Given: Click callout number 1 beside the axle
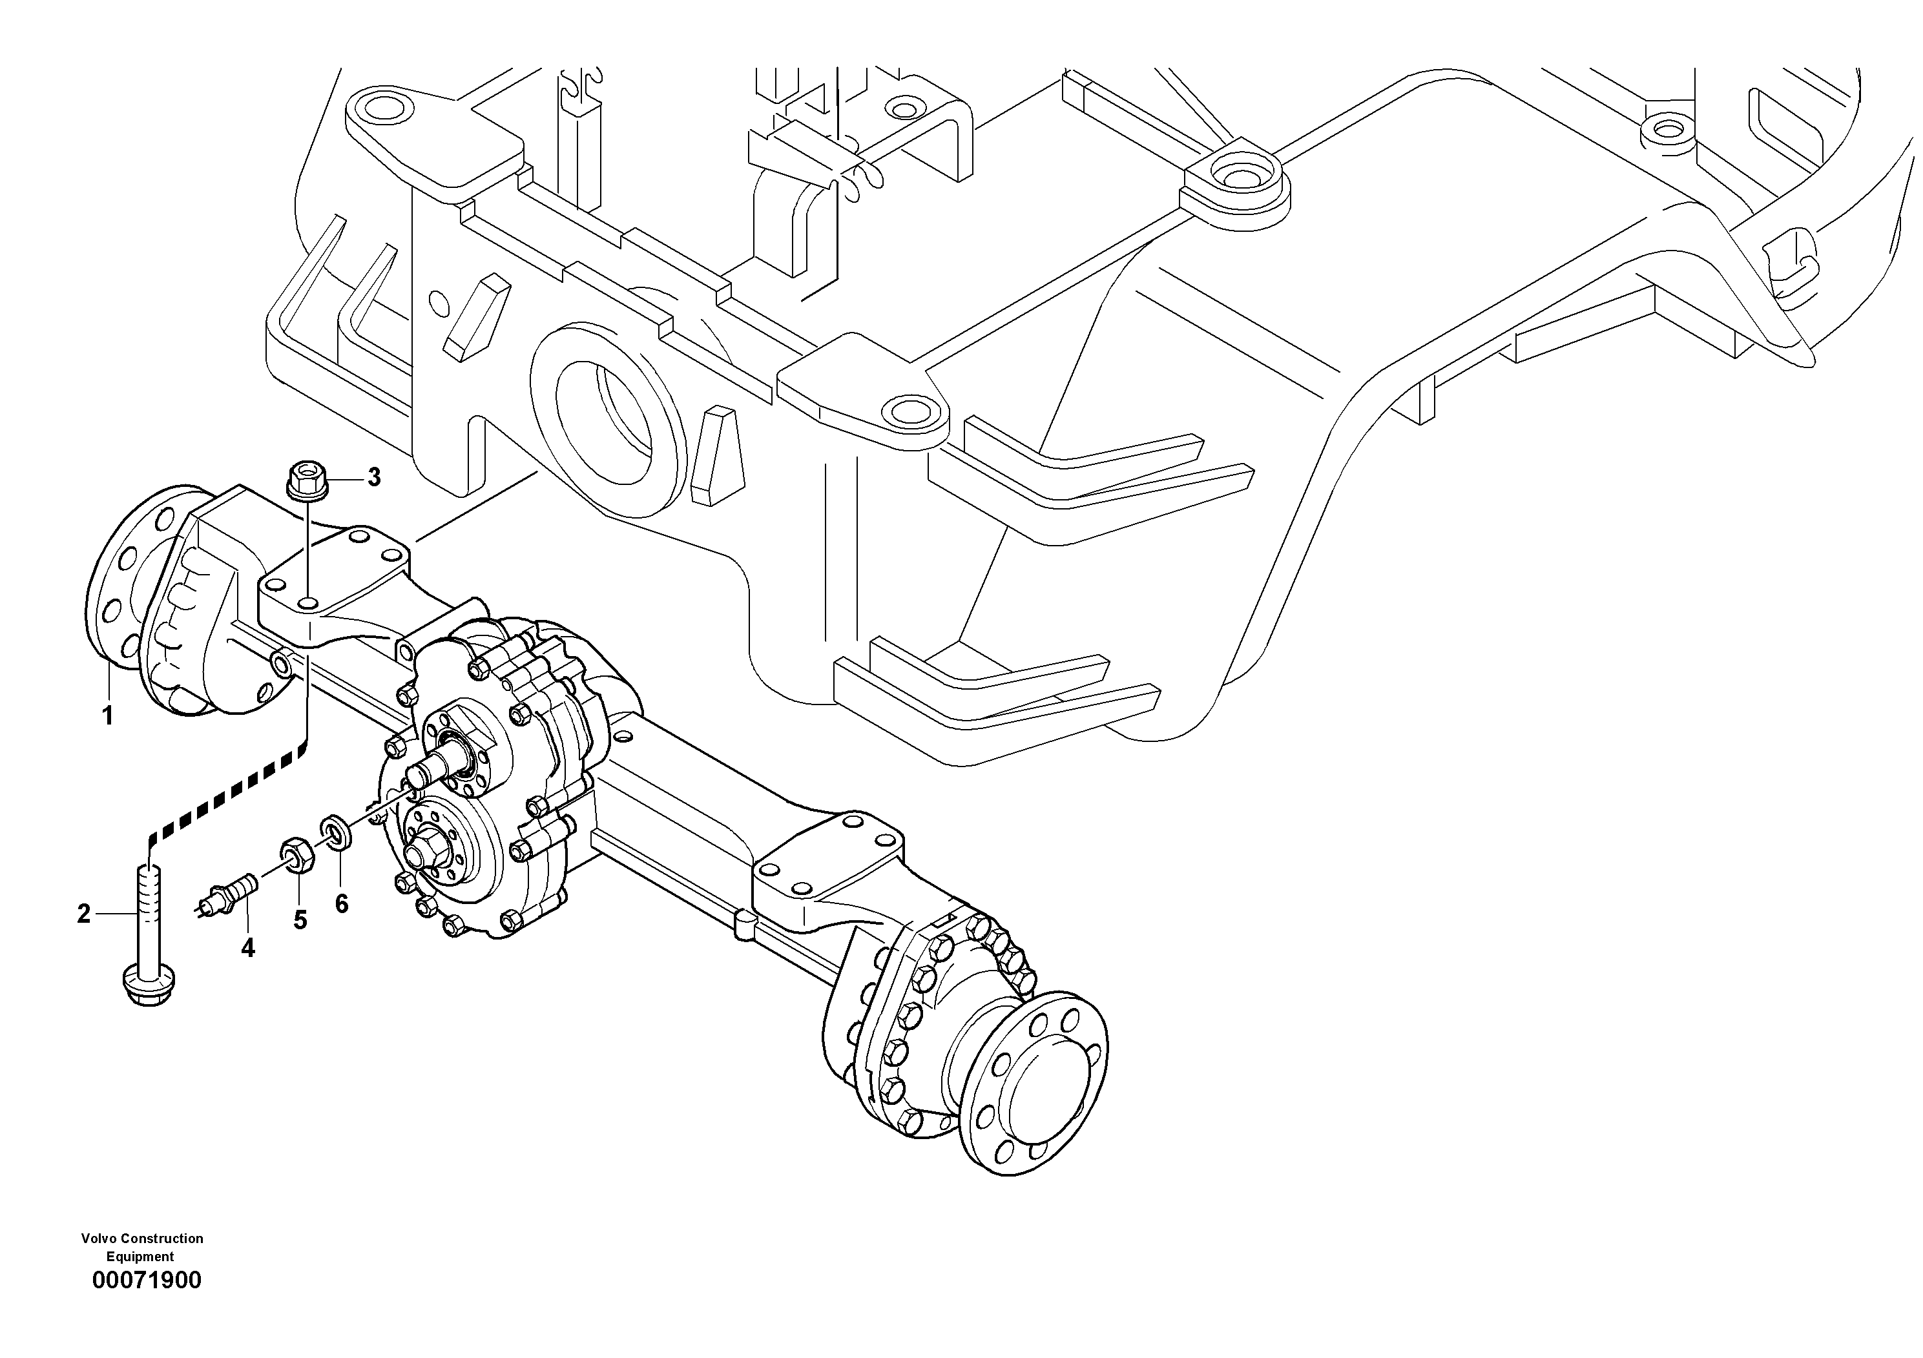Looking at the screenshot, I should click(x=107, y=716).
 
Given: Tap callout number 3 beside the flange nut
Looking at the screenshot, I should click(x=373, y=477).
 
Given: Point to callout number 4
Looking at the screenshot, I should click(x=248, y=948).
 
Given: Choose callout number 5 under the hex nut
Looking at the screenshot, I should click(x=300, y=920).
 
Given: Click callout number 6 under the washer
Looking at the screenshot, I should click(x=341, y=904).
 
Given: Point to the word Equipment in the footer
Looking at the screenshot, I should click(x=140, y=1257).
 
